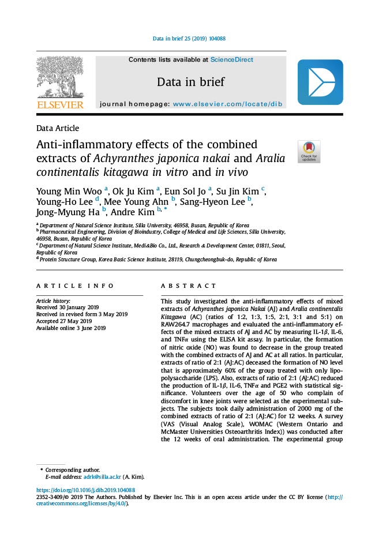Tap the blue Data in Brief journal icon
pyautogui.click(x=320, y=82)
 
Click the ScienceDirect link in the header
pyautogui.click(x=231, y=59)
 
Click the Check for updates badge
pyautogui.click(x=309, y=151)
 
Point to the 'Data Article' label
pyautogui.click(x=58, y=128)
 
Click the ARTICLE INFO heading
pyautogui.click(x=67, y=286)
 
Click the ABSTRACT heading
pyautogui.click(x=189, y=286)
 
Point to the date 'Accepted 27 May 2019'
pyautogui.click(x=64, y=321)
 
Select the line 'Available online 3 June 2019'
pyautogui.click(x=71, y=328)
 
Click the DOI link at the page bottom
pyautogui.click(x=85, y=490)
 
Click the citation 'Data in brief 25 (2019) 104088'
pyautogui.click(x=189, y=39)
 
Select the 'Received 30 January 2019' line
pyautogui.click(x=67, y=307)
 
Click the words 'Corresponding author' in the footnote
pyautogui.click(x=72, y=470)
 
